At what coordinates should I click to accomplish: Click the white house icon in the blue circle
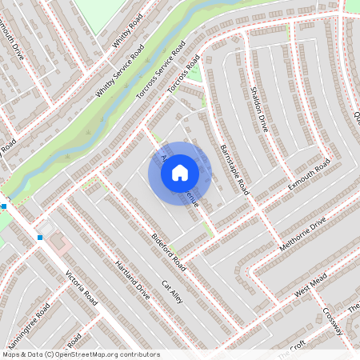pos(180,172)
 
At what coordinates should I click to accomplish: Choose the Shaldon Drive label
pos(258,109)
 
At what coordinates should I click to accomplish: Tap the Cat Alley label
pos(173,292)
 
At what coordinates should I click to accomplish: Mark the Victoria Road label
pos(82,292)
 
